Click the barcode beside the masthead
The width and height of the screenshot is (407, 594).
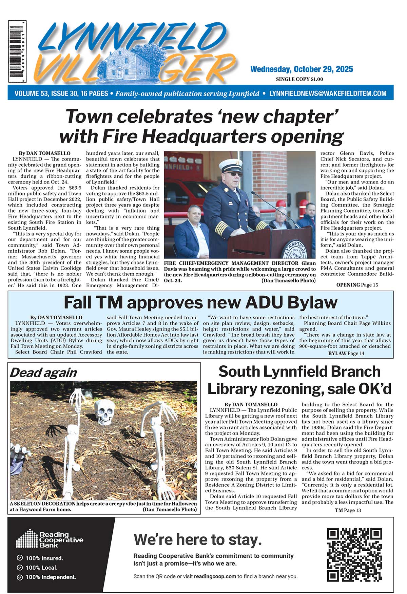click(x=17, y=51)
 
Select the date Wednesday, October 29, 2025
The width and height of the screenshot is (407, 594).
click(x=302, y=69)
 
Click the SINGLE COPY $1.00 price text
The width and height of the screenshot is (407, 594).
click(x=299, y=79)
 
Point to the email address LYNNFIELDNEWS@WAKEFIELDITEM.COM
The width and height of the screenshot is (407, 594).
click(x=328, y=93)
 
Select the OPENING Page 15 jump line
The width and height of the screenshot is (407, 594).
click(x=357, y=285)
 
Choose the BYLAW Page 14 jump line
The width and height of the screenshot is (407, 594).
click(x=346, y=353)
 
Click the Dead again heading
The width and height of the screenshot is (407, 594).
click(x=43, y=373)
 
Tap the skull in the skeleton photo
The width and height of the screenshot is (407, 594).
click(x=104, y=411)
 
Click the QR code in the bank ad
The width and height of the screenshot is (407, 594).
click(x=354, y=554)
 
